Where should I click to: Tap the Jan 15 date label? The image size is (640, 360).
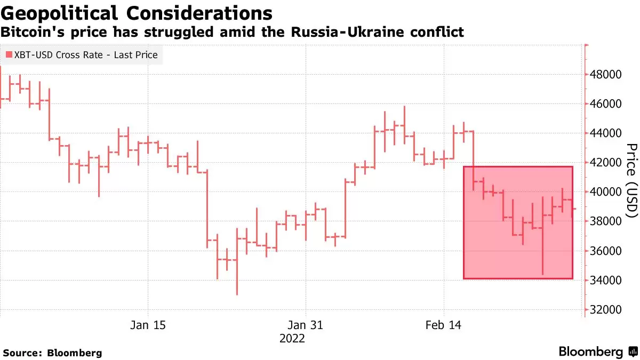(148, 325)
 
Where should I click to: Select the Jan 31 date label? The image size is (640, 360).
(306, 325)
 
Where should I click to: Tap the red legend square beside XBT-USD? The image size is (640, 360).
(9, 54)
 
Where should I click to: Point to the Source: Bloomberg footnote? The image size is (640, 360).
(52, 353)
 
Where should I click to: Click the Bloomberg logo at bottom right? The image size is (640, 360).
(598, 351)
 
